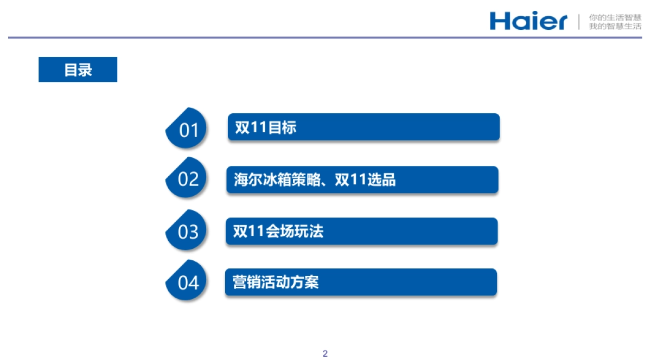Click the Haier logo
(528, 21)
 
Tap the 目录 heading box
(78, 69)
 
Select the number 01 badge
(188, 130)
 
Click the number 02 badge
(188, 179)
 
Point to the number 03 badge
(188, 232)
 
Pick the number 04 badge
(188, 282)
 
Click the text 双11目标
(265, 128)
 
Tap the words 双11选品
(365, 180)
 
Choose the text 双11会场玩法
(278, 232)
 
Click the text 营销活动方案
(276, 282)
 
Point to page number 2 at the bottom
(325, 354)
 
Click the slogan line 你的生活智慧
(615, 17)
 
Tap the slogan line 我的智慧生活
(615, 26)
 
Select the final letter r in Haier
(560, 23)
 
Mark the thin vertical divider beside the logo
(579, 22)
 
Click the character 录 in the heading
(85, 69)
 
